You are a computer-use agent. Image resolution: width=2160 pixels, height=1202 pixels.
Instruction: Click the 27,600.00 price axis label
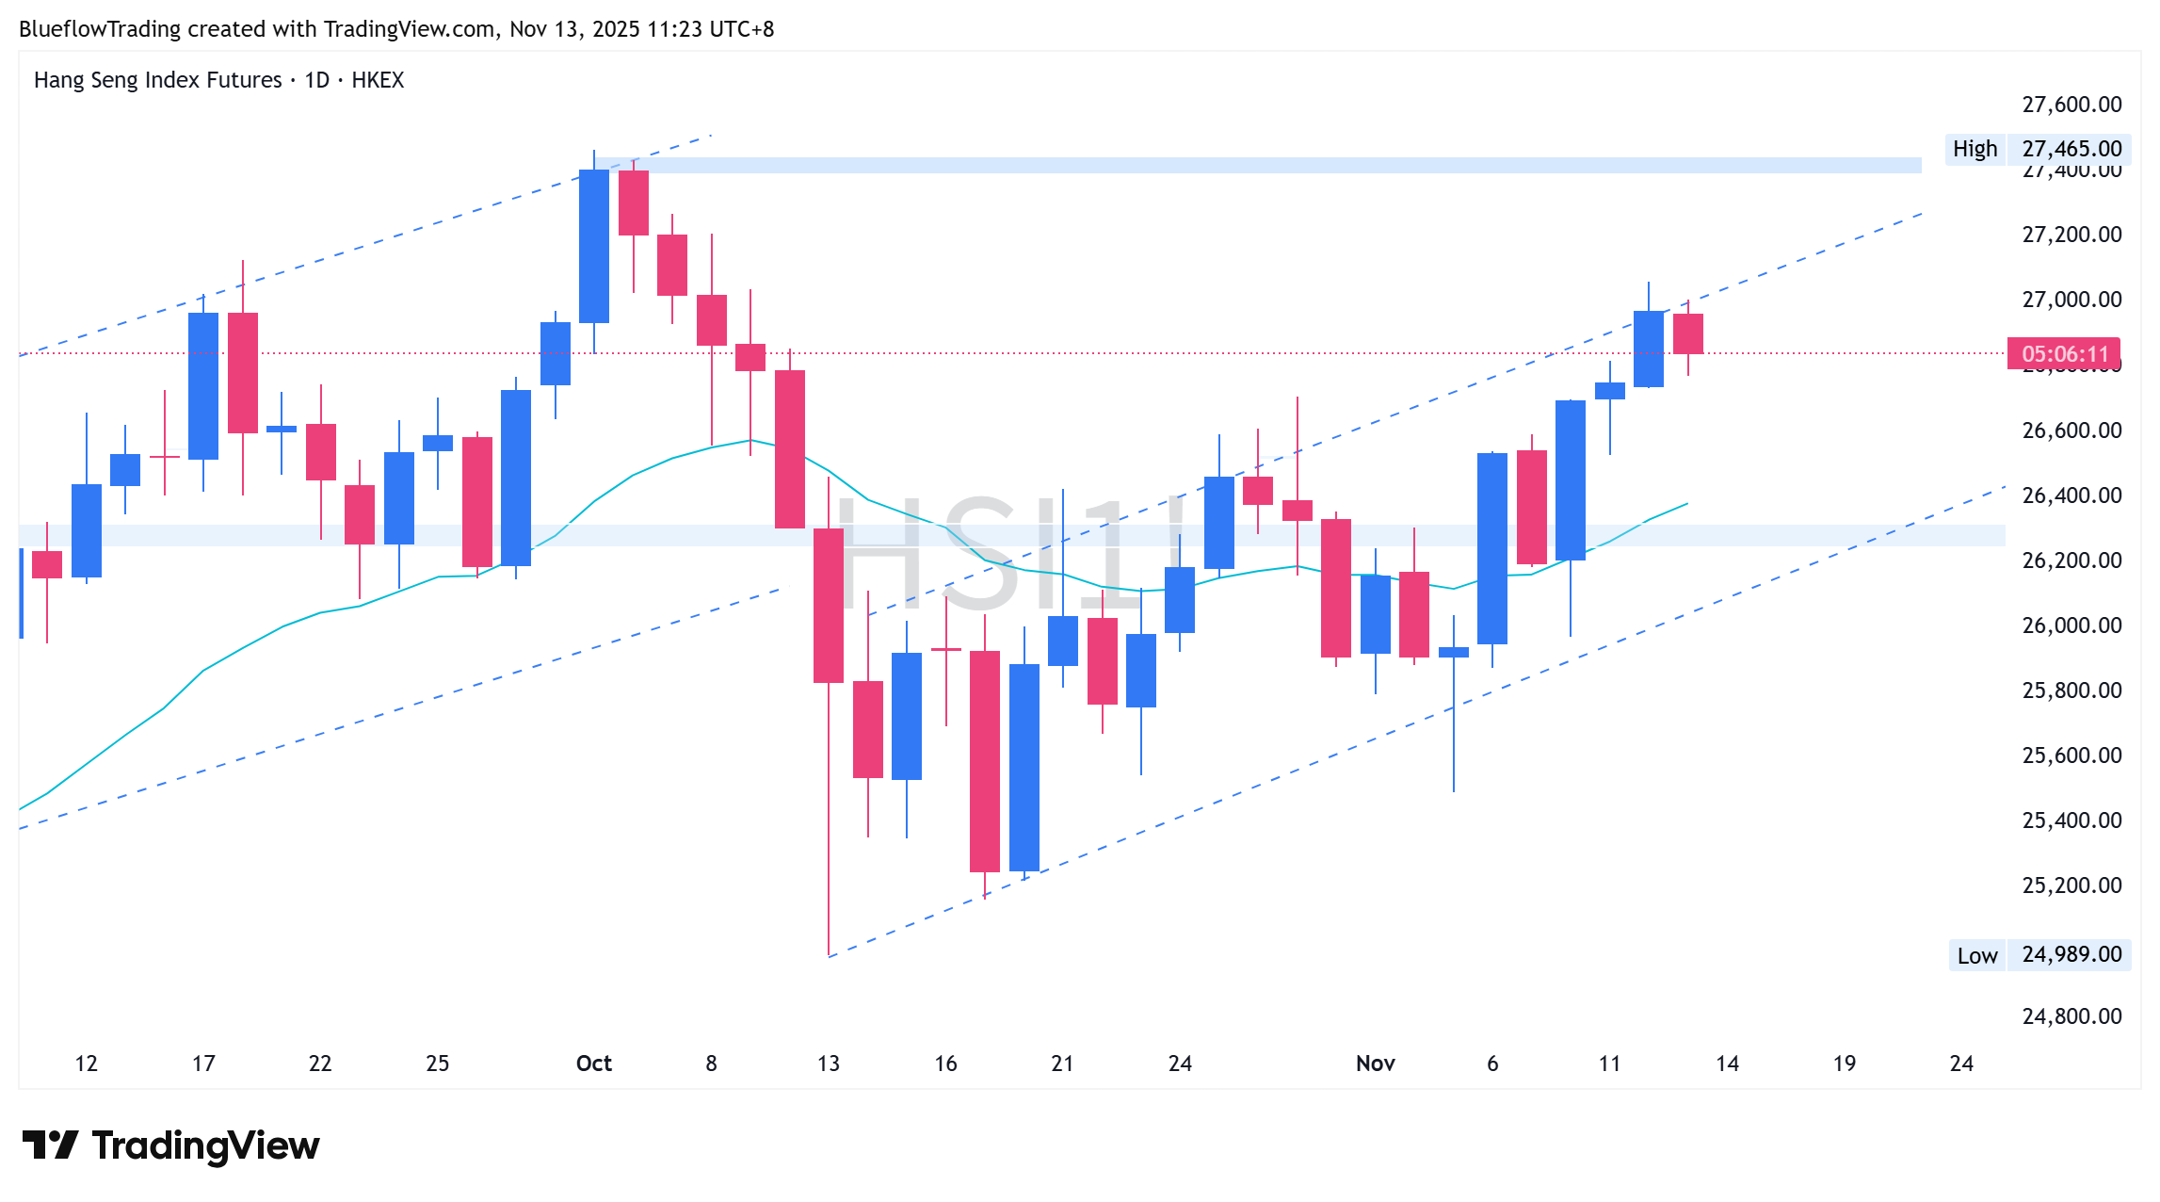2071,105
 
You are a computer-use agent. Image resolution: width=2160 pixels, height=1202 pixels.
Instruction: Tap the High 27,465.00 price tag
2039,149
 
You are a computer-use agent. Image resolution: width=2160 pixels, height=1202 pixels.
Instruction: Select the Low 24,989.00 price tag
2039,955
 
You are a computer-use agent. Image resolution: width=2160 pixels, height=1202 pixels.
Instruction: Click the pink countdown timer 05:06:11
2064,354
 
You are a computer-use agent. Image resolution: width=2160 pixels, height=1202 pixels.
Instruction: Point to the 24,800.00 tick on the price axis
2071,1016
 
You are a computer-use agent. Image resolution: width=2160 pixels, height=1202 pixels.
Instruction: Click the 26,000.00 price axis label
2071,625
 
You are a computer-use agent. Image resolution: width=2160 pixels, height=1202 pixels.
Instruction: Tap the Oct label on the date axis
593,1064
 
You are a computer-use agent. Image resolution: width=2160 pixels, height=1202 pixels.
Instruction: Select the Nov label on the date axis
1375,1064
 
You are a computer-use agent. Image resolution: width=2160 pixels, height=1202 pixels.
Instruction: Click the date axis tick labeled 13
829,1064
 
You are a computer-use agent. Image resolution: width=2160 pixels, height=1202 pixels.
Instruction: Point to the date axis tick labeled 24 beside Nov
1180,1064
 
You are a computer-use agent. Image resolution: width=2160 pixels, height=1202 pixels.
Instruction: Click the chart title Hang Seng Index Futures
157,80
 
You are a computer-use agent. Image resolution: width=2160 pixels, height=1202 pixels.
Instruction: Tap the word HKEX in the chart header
378,80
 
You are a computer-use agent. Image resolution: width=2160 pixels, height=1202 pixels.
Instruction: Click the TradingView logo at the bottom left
170,1145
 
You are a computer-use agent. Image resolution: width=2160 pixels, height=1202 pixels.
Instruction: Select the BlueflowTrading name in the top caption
100,29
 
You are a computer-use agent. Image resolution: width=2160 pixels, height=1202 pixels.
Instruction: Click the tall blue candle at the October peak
594,246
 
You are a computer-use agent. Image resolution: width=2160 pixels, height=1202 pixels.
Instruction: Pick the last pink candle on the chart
1687,333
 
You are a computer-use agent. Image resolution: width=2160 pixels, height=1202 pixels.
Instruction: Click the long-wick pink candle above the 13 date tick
829,606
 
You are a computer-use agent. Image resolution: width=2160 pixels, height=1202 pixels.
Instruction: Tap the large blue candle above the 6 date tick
1492,548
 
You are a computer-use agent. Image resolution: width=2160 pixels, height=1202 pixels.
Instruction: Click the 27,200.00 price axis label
2071,235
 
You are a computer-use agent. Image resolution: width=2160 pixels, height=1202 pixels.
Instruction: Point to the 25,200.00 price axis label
2071,885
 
